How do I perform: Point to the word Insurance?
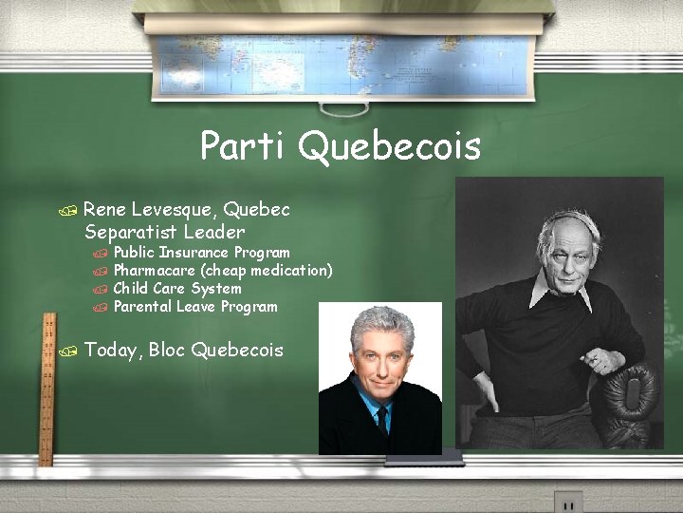tap(194, 253)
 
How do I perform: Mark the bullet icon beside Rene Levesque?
tap(64, 210)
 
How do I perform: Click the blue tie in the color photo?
tap(380, 418)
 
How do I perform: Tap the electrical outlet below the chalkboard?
tap(567, 502)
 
